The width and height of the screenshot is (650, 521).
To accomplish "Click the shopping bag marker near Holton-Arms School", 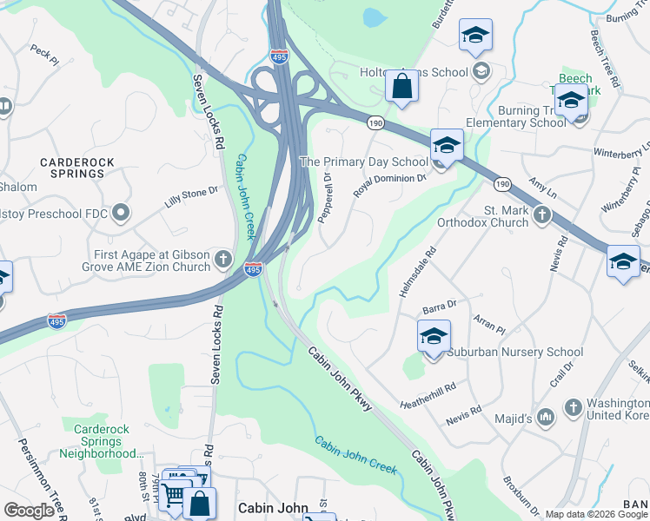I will (x=401, y=86).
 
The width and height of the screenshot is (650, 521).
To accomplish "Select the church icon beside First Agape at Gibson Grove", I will (x=223, y=258).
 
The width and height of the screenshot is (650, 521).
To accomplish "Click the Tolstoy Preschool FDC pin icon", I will (x=121, y=212).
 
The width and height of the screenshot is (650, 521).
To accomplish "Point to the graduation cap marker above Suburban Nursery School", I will (x=434, y=335).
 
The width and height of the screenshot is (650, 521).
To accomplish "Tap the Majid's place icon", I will (x=545, y=418).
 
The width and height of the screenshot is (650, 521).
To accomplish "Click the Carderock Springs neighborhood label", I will (x=72, y=168).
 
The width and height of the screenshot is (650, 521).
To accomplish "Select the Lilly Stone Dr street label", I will (x=190, y=197).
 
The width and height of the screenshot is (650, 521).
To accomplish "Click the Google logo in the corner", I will (x=29, y=510).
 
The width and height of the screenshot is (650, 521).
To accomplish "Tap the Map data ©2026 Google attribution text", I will (x=597, y=514).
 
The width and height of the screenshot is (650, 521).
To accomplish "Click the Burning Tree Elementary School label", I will (x=532, y=116).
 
